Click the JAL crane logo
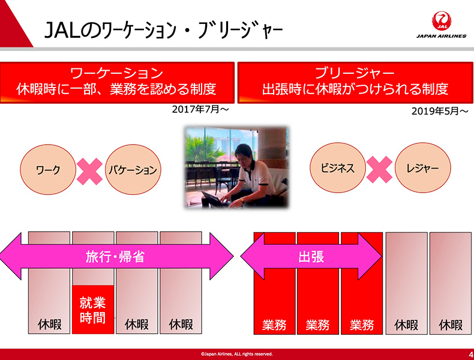(442, 21)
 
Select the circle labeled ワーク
(48, 170)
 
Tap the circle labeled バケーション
(133, 170)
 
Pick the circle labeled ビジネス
(338, 168)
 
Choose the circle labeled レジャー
(422, 168)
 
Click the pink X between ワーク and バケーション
(89, 171)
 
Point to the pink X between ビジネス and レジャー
(379, 169)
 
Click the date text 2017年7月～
(200, 109)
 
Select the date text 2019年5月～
(440, 111)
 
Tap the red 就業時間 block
(93, 310)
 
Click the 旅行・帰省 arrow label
(115, 257)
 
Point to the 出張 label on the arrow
(311, 257)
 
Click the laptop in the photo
(214, 200)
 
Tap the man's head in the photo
(244, 154)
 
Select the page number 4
(471, 354)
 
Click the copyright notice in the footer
(236, 354)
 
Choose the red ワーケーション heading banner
(117, 83)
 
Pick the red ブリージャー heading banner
(355, 83)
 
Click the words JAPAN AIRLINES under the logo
(442, 36)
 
